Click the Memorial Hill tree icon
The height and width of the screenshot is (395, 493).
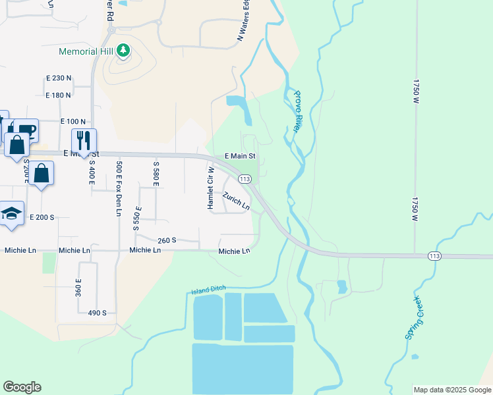[x=123, y=50]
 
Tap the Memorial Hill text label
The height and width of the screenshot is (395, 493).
[x=87, y=51]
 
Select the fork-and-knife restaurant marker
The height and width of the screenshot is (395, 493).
[x=84, y=140]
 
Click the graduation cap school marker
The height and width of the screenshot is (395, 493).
[x=11, y=213]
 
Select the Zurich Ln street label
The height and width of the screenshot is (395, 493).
[x=236, y=201]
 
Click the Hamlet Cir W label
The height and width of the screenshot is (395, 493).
[x=212, y=188]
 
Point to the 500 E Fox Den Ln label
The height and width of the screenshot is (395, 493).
[x=119, y=188]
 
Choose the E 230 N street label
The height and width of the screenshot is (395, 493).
[x=59, y=78]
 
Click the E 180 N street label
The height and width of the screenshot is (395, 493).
[x=59, y=95]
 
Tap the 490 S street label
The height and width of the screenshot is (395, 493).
[x=97, y=313]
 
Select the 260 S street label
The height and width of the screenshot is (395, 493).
[x=167, y=240]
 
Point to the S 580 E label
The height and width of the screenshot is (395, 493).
[x=156, y=174]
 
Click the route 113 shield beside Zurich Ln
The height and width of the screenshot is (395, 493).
[x=245, y=179]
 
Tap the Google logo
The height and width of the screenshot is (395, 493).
[x=22, y=387]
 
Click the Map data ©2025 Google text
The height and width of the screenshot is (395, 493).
[x=451, y=390]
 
